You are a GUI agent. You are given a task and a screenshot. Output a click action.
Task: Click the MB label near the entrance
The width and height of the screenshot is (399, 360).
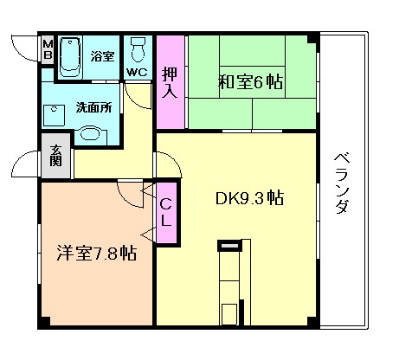[48, 50]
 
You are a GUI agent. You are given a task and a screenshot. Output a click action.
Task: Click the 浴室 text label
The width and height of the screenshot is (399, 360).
[101, 56]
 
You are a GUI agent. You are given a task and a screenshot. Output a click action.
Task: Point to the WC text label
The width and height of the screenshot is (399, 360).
[137, 72]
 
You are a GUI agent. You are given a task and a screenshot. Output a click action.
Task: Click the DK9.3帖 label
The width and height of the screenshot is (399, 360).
[249, 197]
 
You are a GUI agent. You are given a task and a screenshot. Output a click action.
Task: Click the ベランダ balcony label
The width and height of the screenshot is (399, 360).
[342, 183]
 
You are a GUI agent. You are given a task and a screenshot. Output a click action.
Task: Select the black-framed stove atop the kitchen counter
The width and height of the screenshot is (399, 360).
[230, 250]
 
